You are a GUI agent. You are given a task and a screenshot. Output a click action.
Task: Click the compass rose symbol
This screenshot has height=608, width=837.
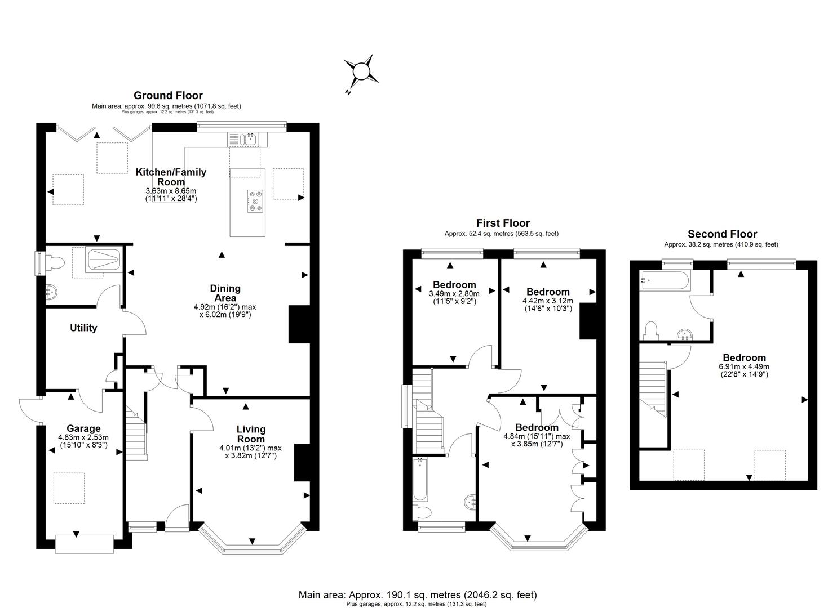(361, 71)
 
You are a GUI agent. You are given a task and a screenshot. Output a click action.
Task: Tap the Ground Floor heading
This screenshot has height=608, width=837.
(168, 96)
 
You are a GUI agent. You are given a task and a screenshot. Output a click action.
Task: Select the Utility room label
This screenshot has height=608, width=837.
(83, 328)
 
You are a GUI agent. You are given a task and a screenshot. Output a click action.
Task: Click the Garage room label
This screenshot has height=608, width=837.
(83, 428)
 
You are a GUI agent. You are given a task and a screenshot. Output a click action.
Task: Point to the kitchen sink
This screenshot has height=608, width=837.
(248, 140)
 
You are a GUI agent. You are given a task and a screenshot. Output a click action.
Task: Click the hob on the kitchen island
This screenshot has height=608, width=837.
(255, 201)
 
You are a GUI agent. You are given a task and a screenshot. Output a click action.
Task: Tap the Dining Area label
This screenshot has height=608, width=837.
(225, 293)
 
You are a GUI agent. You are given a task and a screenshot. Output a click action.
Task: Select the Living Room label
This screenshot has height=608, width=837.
(251, 434)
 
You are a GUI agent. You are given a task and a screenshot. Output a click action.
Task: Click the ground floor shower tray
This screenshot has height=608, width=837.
(104, 260)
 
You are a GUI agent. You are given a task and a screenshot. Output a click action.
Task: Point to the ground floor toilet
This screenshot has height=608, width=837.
(55, 263)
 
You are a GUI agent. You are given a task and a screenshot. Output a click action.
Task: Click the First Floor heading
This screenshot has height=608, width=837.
(503, 223)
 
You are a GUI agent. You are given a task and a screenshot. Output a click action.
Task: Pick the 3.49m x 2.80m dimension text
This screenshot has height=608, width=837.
(454, 294)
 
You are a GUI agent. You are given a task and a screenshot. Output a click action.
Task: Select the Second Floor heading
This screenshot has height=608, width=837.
(722, 234)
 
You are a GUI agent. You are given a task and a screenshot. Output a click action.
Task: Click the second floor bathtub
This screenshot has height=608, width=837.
(665, 280)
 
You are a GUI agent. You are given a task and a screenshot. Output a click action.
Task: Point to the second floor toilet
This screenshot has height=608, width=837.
(652, 330)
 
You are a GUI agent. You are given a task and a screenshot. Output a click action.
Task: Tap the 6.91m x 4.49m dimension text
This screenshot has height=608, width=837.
(744, 366)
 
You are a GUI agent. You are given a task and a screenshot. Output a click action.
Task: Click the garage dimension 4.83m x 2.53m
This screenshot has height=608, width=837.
(83, 437)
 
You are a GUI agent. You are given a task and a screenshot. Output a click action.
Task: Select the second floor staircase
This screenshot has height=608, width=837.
(653, 389)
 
